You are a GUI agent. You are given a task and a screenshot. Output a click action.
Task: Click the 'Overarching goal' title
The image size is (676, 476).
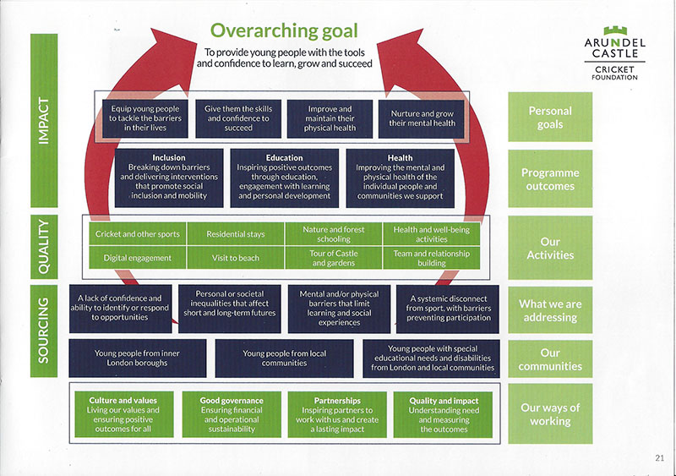[284, 31]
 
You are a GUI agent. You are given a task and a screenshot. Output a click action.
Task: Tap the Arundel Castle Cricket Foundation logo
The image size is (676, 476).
[615, 53]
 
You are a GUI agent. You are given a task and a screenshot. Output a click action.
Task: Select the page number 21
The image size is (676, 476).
[659, 458]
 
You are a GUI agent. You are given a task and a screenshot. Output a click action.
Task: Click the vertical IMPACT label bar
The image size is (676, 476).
[44, 120]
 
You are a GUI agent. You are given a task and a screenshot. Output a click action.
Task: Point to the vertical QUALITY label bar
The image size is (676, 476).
[44, 246]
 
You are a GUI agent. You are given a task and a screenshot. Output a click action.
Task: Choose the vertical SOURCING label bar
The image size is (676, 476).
[44, 331]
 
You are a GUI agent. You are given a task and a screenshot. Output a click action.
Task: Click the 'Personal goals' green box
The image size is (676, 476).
[550, 117]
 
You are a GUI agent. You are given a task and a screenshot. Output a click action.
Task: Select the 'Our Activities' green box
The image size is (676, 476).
[550, 248]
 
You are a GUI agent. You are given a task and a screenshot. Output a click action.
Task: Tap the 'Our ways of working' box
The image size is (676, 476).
[550, 413]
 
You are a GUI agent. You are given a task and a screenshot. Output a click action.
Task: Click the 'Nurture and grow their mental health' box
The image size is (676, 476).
[422, 118]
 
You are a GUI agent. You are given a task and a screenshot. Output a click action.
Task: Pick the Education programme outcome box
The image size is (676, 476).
[285, 178]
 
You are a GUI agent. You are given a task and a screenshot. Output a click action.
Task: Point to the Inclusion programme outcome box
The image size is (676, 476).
[169, 178]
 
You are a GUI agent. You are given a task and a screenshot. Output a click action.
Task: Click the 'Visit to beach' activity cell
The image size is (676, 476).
[236, 258]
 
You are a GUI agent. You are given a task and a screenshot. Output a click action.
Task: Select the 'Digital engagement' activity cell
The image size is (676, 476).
[138, 258]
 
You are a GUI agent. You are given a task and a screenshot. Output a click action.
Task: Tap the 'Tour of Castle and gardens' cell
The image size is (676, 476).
[334, 258]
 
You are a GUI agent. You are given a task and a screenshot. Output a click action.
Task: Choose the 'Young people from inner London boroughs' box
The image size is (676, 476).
[138, 358]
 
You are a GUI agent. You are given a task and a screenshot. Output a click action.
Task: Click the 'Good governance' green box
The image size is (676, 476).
[232, 414]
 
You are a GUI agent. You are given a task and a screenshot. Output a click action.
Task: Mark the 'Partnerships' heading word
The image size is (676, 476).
[337, 401]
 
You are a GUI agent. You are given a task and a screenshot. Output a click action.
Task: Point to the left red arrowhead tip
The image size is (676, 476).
[151, 29]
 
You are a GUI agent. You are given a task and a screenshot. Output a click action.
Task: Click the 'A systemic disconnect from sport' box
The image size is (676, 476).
[448, 309]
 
